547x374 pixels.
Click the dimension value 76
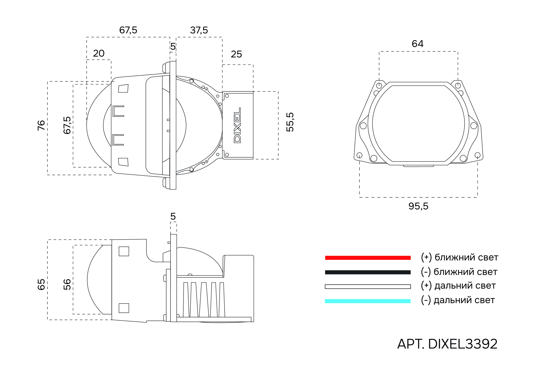[x=41, y=125]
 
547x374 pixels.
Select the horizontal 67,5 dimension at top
[x=128, y=30]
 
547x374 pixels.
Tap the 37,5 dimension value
[x=199, y=30]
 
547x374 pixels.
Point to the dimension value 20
[x=99, y=53]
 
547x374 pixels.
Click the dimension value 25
[x=236, y=54]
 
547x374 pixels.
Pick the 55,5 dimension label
[x=290, y=122]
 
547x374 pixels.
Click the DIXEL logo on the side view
[x=237, y=125]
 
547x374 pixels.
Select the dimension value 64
[x=417, y=44]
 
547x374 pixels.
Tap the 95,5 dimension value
[x=418, y=206]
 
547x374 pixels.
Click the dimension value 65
[x=41, y=284]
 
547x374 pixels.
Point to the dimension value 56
[x=67, y=284]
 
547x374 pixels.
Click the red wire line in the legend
[x=368, y=258]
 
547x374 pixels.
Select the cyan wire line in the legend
[x=368, y=301]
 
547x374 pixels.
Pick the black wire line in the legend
[x=368, y=272]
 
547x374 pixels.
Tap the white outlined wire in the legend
[x=368, y=287]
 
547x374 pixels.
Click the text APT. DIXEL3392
[x=447, y=344]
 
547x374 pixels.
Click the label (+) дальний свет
[x=458, y=286]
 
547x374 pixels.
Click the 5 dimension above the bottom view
[x=173, y=216]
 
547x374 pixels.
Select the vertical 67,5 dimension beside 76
[x=67, y=125]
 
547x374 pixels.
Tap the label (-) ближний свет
[x=459, y=272]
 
